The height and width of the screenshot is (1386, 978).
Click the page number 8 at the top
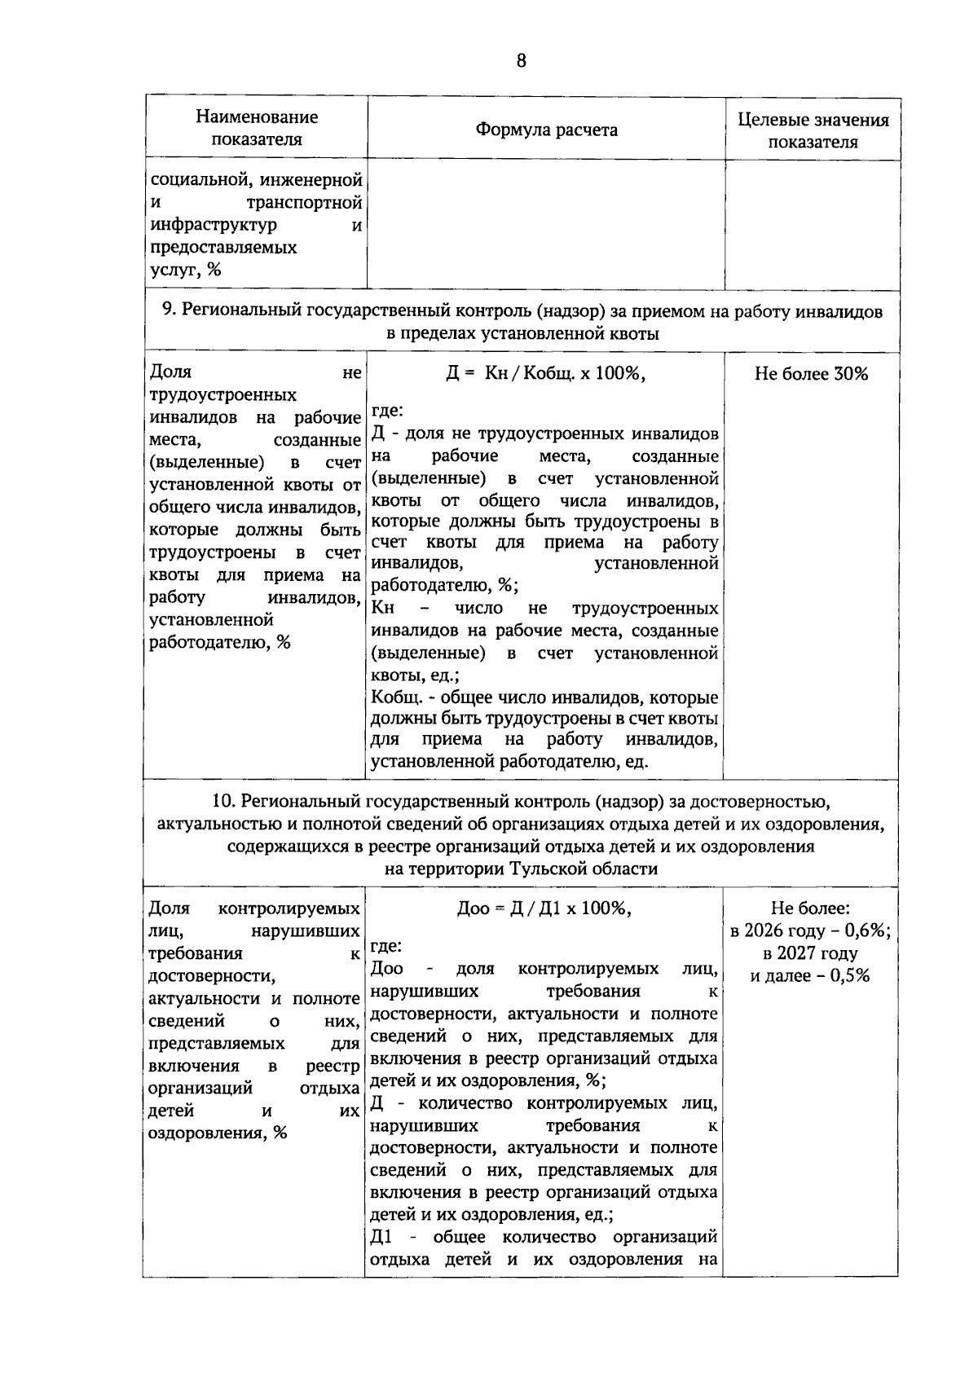pyautogui.click(x=521, y=60)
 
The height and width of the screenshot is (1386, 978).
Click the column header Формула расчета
pyautogui.click(x=546, y=130)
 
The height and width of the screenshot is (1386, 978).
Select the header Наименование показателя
pyautogui.click(x=256, y=128)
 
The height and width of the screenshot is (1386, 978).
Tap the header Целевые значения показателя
pyautogui.click(x=813, y=130)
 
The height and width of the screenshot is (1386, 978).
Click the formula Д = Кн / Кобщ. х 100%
pyautogui.click(x=544, y=373)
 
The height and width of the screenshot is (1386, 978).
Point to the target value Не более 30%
pyautogui.click(x=811, y=374)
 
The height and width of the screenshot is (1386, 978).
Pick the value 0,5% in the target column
pyautogui.click(x=849, y=975)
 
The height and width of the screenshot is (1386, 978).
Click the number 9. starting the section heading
pyautogui.click(x=169, y=310)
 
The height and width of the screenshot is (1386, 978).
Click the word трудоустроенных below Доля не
pyautogui.click(x=222, y=395)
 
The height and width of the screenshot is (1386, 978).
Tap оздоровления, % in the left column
pyautogui.click(x=218, y=1133)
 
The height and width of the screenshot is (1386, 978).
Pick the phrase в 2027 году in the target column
pyautogui.click(x=810, y=953)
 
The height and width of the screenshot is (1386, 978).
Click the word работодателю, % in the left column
pyautogui.click(x=220, y=642)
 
